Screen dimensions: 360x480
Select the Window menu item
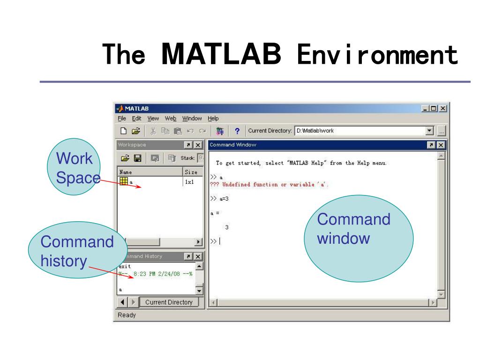[192, 119]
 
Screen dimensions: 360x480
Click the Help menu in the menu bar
[213, 119]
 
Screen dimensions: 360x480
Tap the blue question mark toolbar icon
[237, 131]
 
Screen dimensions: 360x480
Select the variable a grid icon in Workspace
[124, 181]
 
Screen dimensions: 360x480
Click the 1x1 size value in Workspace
[189, 181]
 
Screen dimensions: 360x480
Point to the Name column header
[126, 172]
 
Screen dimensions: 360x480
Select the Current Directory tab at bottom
[169, 302]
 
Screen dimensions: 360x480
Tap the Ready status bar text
[127, 315]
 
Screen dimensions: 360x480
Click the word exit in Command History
[125, 266]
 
